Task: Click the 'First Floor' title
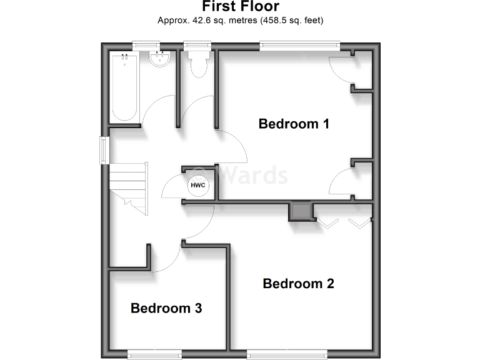240,7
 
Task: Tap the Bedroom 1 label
294,124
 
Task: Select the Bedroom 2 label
298,284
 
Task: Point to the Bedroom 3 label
166,308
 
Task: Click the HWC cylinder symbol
197,186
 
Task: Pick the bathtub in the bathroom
124,87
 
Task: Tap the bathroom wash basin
160,61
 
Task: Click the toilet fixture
198,65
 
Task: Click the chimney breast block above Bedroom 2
300,211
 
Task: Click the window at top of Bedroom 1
300,44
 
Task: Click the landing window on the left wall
104,150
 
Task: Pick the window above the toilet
197,44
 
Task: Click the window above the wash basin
146,44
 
